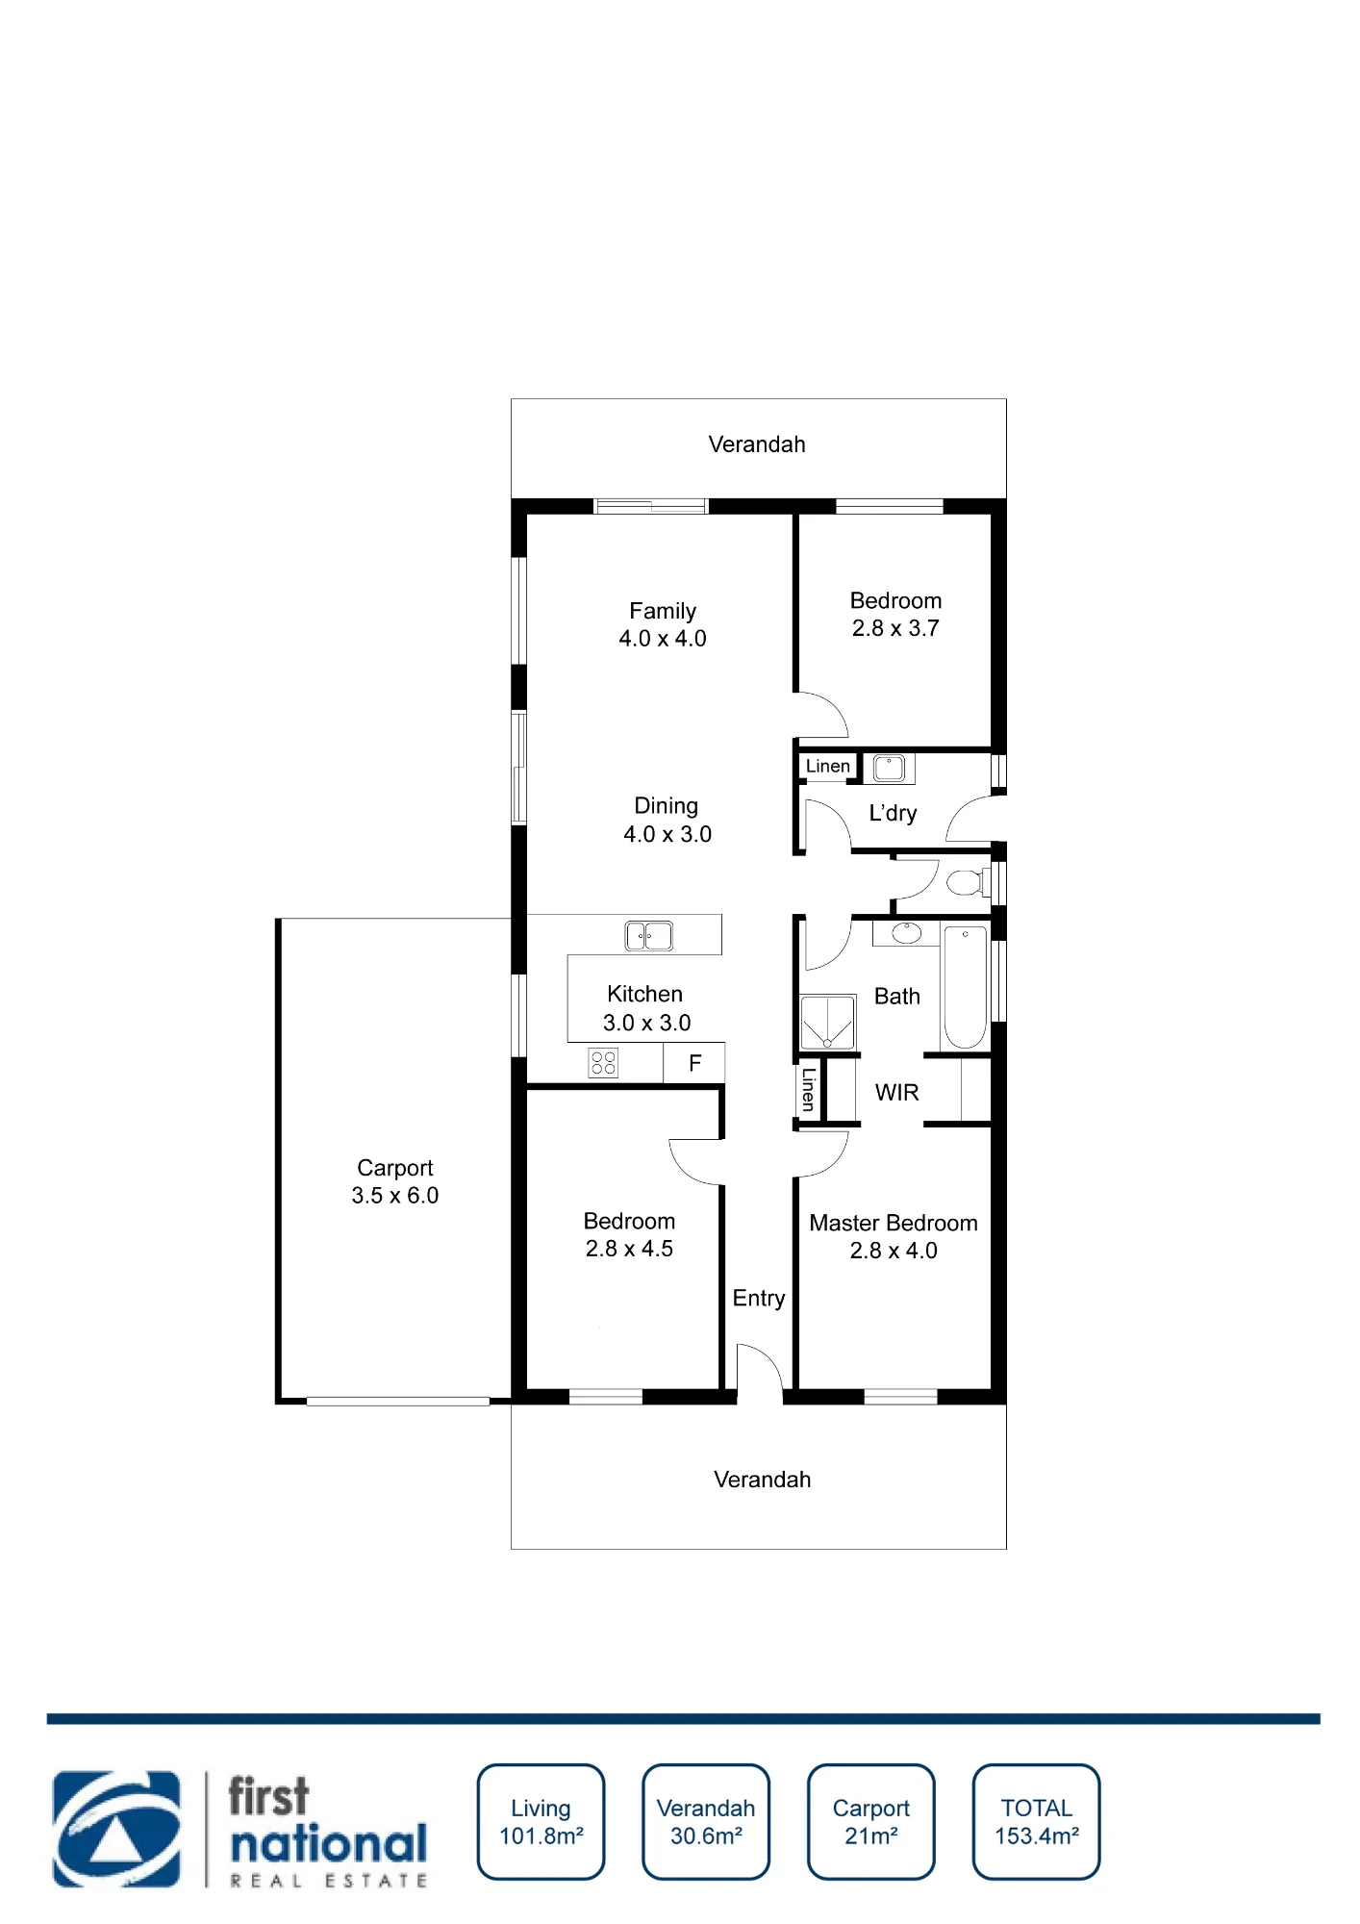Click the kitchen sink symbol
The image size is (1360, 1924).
click(x=649, y=935)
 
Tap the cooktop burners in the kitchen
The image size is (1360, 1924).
click(x=603, y=1063)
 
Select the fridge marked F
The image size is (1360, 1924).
click(x=694, y=1063)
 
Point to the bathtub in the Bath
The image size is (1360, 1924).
click(x=965, y=987)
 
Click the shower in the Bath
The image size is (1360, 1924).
click(x=827, y=1023)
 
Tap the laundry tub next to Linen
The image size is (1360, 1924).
click(x=889, y=768)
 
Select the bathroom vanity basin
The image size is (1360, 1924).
click(x=906, y=932)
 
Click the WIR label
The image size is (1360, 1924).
click(x=897, y=1092)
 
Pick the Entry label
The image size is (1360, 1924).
click(x=759, y=1299)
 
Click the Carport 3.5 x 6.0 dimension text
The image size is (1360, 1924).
click(x=395, y=1196)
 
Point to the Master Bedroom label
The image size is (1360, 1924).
click(x=894, y=1223)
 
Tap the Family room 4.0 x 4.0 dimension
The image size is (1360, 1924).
click(x=663, y=639)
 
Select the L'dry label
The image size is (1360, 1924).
click(x=893, y=813)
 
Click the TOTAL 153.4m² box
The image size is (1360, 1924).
click(x=1036, y=1821)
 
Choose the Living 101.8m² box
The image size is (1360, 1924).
click(x=541, y=1821)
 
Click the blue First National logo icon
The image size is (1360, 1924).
click(x=116, y=1829)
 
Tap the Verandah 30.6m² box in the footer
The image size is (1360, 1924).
click(x=706, y=1821)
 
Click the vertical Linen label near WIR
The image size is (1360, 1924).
click(x=809, y=1090)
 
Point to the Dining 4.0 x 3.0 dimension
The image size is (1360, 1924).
click(x=667, y=834)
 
